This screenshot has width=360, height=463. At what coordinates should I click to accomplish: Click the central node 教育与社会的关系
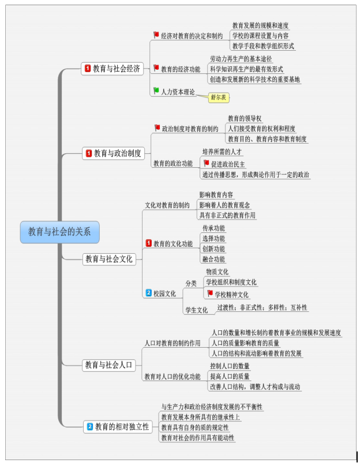coord(59,232)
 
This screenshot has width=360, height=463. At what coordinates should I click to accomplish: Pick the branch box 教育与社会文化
coord(108,258)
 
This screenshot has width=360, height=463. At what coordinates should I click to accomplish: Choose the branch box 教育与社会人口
coord(108,364)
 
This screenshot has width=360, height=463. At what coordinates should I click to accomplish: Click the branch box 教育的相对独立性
coord(117,427)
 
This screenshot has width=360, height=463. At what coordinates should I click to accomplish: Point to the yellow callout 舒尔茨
coord(219,97)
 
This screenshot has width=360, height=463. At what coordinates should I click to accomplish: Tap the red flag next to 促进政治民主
coord(206,164)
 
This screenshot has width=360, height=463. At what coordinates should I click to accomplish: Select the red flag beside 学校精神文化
coord(210,293)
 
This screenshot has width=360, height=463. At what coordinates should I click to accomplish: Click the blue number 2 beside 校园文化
coord(148,293)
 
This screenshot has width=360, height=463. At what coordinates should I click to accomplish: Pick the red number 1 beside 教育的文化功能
coord(148,243)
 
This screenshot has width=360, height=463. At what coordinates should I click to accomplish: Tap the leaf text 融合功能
coord(213,259)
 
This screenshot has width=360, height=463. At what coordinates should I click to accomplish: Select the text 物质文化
coord(217,272)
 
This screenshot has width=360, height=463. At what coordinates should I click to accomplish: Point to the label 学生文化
coord(196,310)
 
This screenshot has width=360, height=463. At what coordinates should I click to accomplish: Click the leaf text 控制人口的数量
coord(230,366)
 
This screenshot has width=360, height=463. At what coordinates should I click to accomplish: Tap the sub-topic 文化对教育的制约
coord(167,205)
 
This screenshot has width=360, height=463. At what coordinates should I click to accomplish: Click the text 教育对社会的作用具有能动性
coord(198,438)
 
